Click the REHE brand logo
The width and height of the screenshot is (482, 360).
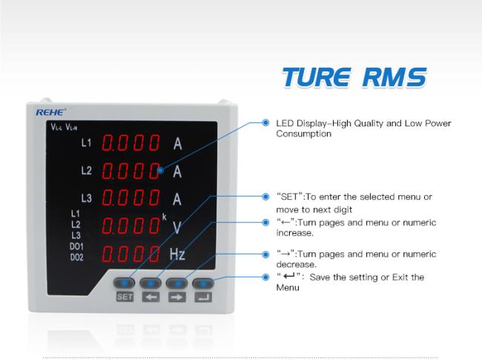pos(51,112)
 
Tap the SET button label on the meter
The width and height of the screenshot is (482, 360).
pos(125,297)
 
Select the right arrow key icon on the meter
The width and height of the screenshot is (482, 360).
pos(177,297)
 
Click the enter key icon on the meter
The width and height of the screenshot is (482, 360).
pos(203,297)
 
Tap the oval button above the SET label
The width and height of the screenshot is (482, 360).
pos(124,283)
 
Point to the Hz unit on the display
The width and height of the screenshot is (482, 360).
pos(177,254)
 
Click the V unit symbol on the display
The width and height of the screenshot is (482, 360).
pos(176,228)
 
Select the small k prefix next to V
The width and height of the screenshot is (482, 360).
pos(164,217)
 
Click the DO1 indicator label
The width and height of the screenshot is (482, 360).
pos(76,246)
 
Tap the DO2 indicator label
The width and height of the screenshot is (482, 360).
pos(77,257)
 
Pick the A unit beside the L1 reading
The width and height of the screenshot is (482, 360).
pos(178,144)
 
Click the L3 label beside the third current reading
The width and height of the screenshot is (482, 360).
pos(86,198)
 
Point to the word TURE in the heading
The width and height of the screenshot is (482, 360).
pos(317,77)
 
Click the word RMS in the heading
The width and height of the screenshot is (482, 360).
pos(394,77)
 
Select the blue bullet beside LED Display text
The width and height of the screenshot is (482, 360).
pos(265,122)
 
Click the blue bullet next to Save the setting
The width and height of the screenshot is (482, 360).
pos(265,277)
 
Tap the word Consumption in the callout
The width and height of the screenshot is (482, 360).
pos(304,134)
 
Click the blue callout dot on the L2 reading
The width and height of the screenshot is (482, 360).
pos(160,170)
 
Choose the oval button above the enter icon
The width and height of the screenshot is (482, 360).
pos(203,283)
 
